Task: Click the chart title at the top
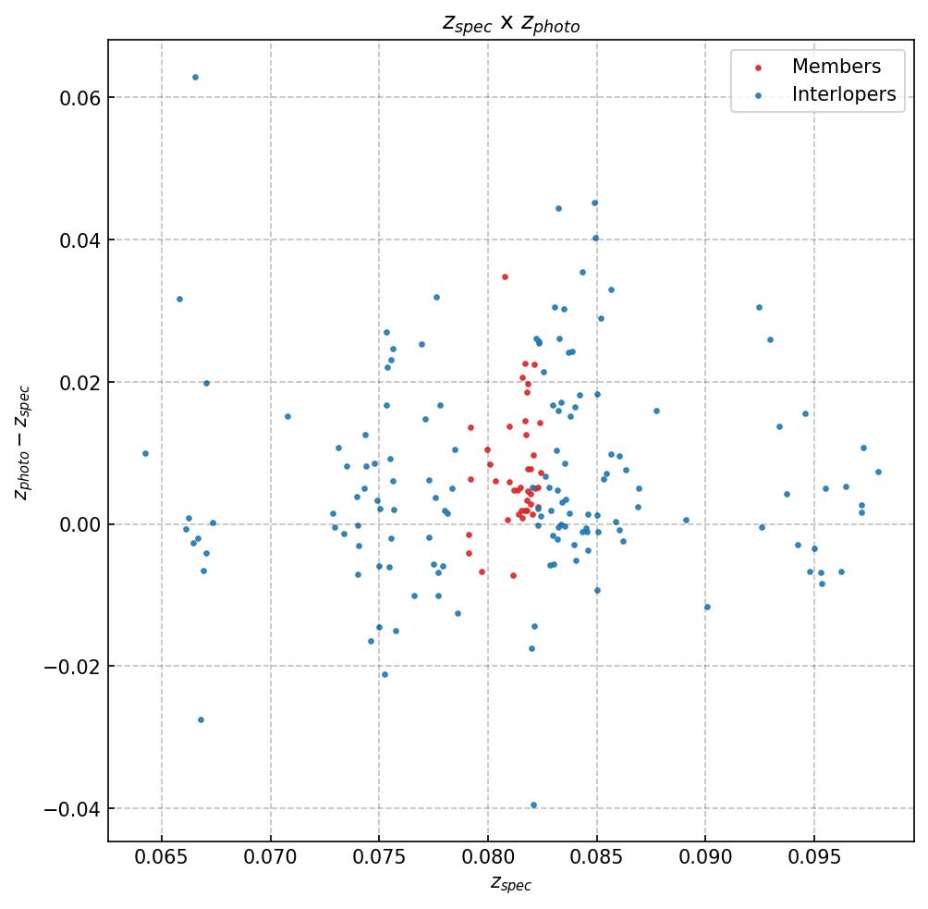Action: tap(510, 24)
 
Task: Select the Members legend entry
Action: tap(836, 68)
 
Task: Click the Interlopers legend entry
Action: tap(843, 94)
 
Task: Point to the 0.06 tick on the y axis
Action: tap(80, 98)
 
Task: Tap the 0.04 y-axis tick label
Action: tap(80, 240)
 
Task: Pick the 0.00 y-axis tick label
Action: tap(80, 524)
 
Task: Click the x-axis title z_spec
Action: tap(510, 885)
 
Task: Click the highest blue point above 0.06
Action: tap(195, 78)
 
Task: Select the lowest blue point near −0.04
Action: tap(533, 805)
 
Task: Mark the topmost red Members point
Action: tap(505, 276)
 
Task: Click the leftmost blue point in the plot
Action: tap(145, 453)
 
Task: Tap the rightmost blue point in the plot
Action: tap(878, 472)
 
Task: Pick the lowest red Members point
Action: tap(513, 575)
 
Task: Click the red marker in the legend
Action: tap(757, 68)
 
